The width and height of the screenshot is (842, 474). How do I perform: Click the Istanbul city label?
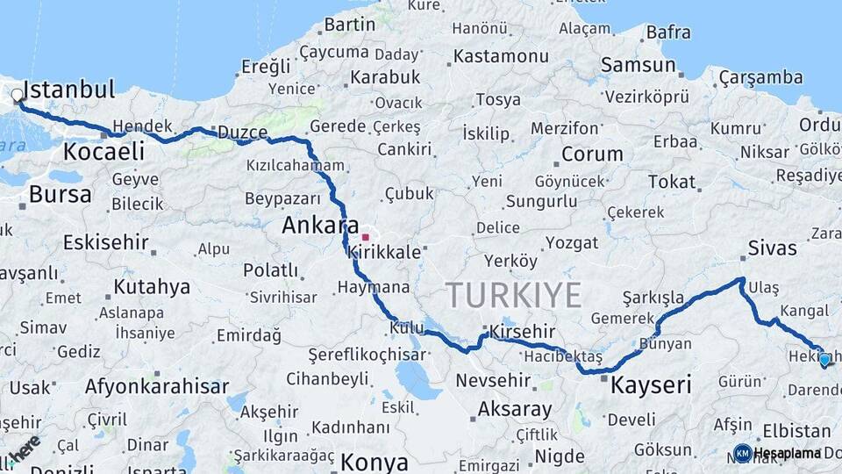click(69, 90)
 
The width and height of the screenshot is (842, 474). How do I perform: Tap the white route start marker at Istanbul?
click(18, 95)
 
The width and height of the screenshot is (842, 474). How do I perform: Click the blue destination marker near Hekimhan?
click(824, 360)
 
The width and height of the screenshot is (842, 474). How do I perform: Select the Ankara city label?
click(320, 226)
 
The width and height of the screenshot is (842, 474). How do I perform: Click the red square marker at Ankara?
click(365, 237)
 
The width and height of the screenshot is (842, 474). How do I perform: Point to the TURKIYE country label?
click(513, 295)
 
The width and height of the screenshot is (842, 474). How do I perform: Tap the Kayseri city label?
click(651, 384)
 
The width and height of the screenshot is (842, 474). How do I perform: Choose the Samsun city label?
click(638, 65)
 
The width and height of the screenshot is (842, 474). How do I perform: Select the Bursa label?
click(60, 194)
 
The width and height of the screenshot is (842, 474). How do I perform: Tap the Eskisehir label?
click(106, 241)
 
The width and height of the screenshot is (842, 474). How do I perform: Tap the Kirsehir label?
click(523, 332)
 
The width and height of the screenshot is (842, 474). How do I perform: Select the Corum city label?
click(592, 154)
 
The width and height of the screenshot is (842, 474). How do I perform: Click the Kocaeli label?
click(103, 151)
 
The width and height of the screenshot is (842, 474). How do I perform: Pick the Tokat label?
click(671, 182)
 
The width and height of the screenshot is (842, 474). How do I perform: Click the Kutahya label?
click(152, 287)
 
